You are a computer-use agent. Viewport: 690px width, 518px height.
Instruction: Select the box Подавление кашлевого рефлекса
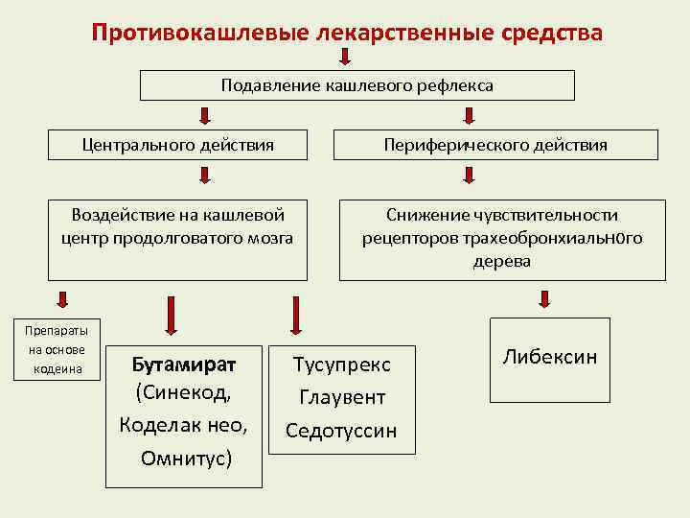(357, 86)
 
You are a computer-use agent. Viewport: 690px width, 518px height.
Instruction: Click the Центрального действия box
(178, 145)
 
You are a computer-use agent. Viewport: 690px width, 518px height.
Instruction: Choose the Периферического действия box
(495, 145)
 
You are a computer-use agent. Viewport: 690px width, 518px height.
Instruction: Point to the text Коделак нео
(183, 425)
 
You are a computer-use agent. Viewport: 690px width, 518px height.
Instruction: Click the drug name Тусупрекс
(341, 365)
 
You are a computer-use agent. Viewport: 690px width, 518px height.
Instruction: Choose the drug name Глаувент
(341, 397)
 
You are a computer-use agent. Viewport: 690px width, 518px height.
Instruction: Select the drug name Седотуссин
(341, 430)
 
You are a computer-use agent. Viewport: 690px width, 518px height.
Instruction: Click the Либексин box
(549, 358)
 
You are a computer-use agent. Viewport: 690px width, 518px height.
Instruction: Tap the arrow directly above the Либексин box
(544, 300)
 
